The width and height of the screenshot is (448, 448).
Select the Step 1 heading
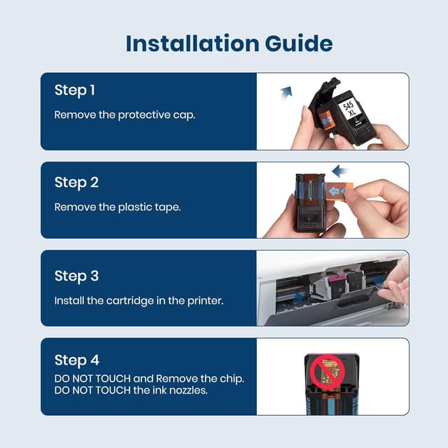[x=75, y=90]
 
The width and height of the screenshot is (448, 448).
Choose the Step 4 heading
[x=76, y=360]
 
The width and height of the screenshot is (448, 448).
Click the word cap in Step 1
[x=184, y=115]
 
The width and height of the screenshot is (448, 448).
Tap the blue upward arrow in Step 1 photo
[x=286, y=91]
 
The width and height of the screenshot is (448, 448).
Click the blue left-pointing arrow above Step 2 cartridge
[x=340, y=171]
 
